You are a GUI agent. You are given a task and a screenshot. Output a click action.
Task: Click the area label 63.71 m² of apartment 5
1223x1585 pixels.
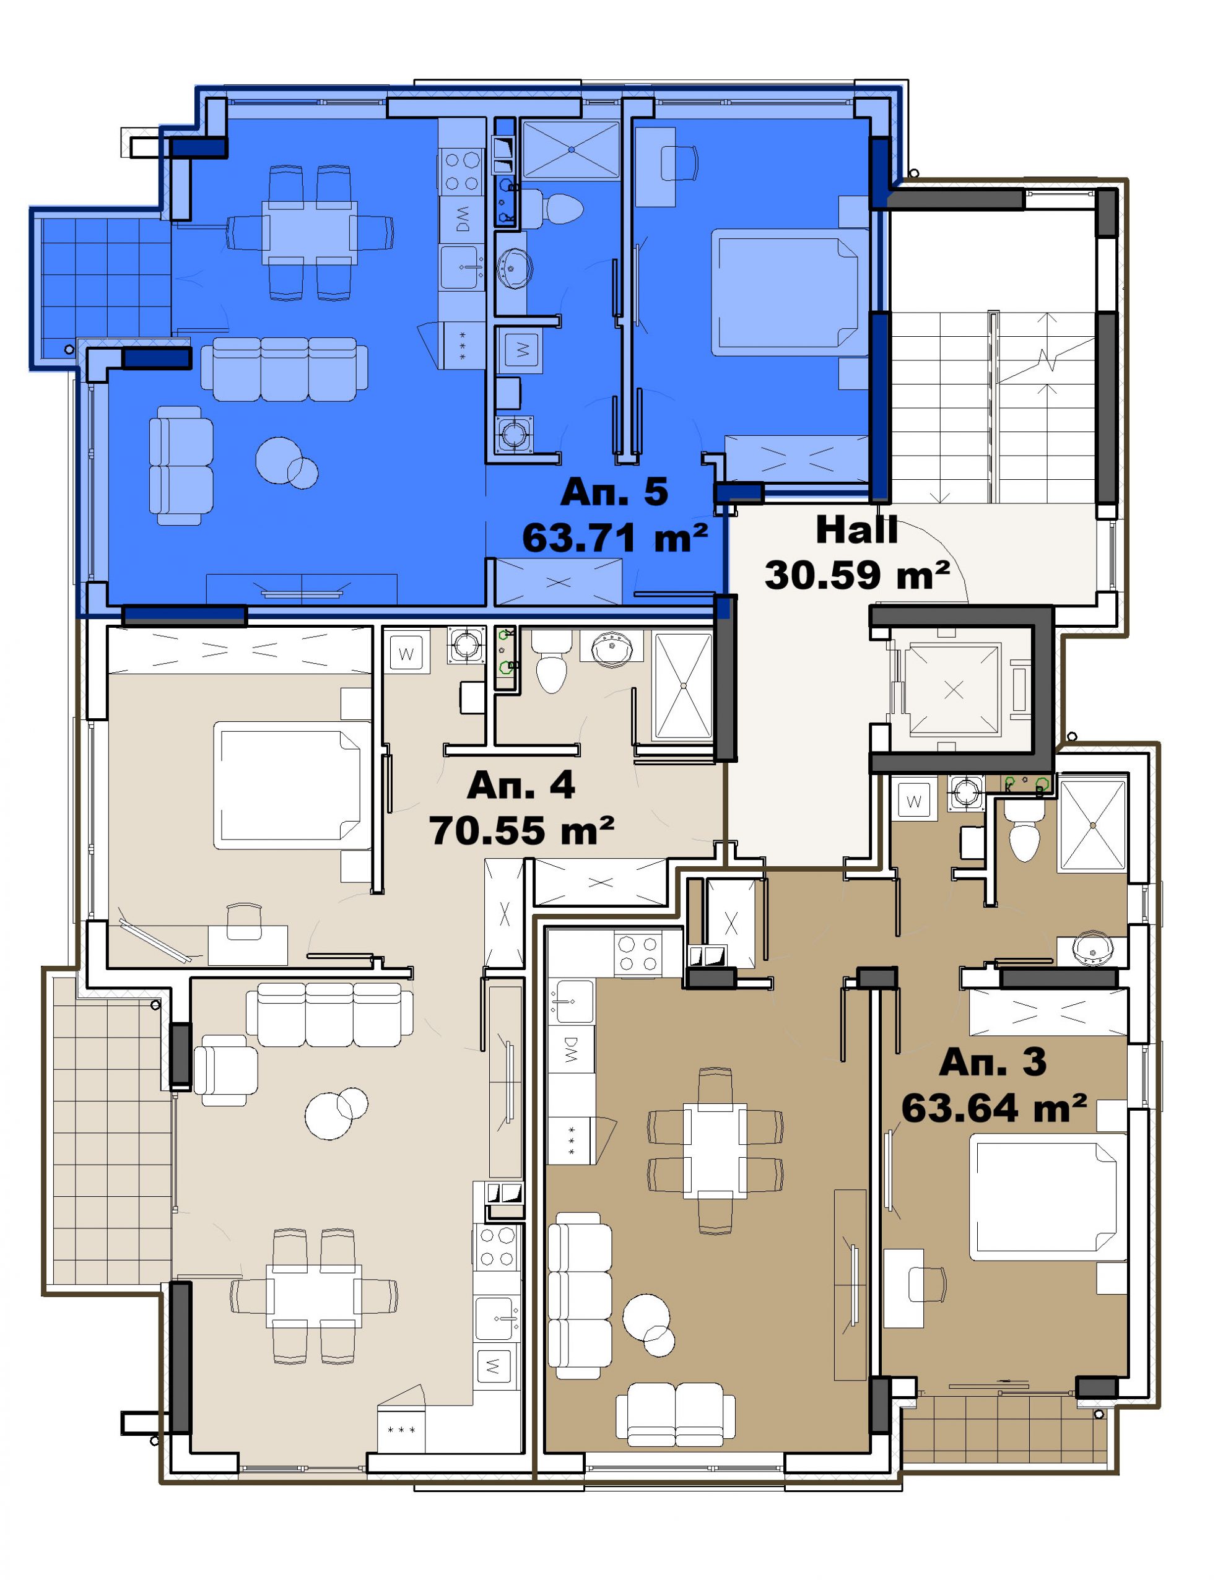[x=615, y=539]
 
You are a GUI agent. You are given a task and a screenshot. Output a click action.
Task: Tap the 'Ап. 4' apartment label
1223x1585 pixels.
[x=521, y=785]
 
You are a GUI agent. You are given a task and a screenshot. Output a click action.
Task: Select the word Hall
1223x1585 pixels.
[x=856, y=530]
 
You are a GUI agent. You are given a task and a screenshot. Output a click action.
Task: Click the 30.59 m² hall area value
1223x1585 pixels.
[x=857, y=575]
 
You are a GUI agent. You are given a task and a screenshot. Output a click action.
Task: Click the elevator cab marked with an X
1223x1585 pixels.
[x=954, y=690]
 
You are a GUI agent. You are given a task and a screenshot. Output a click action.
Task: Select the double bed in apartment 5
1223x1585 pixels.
[x=789, y=292]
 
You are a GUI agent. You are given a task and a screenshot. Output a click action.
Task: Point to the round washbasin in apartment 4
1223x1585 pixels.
[x=611, y=648]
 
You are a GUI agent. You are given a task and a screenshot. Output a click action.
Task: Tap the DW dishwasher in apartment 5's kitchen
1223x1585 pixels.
[x=461, y=219]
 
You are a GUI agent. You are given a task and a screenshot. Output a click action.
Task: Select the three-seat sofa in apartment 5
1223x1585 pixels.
[x=284, y=368]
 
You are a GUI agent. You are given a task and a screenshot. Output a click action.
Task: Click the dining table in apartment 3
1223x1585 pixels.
[x=715, y=1150]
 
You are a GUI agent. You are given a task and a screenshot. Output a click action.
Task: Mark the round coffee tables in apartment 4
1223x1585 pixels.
[x=336, y=1113]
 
